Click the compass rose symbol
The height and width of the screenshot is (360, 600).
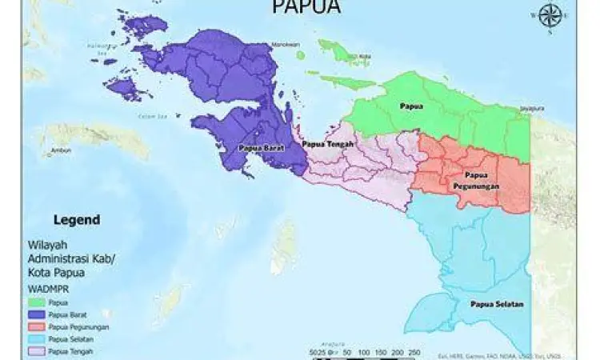tap(549, 15)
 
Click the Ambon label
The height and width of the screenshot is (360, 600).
tap(51, 150)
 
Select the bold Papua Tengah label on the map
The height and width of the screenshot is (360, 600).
tap(329, 143)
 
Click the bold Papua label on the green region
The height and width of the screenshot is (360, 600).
tap(412, 105)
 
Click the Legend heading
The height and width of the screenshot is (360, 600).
tap(76, 219)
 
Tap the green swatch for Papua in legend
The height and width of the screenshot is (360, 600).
tap(36, 303)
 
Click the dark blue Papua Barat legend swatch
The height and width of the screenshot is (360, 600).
tap(36, 315)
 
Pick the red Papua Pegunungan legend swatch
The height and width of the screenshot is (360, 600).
tap(36, 327)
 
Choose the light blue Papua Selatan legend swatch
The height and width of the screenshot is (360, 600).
tap(36, 339)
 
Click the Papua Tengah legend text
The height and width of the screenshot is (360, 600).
tap(70, 350)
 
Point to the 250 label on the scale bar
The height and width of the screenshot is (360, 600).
tap(413, 352)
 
